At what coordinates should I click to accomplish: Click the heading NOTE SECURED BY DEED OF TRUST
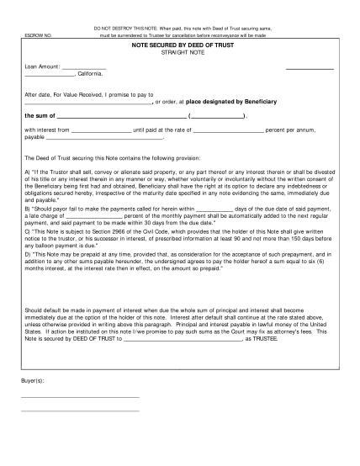[180, 49]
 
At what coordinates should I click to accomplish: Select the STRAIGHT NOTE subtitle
[180, 56]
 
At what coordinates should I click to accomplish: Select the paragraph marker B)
[28, 207]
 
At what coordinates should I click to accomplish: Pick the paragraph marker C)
[28, 229]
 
